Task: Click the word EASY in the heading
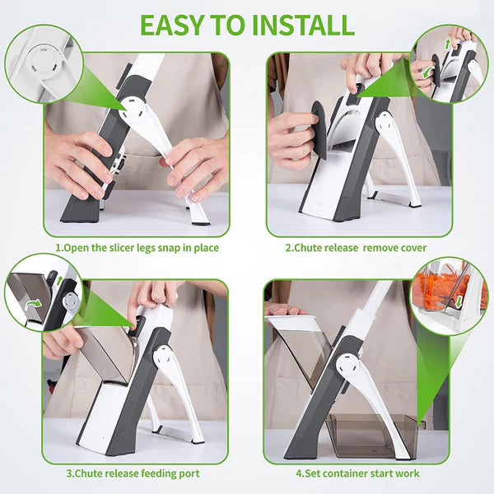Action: [x=175, y=25]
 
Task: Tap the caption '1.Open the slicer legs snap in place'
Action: [x=137, y=247]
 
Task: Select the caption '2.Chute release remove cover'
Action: [x=356, y=247]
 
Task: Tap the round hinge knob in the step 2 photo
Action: [x=384, y=122]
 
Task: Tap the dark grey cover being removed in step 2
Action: [x=317, y=129]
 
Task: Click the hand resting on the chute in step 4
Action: [x=283, y=310]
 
